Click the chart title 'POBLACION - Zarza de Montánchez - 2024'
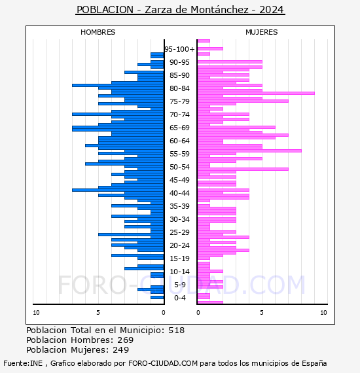180,10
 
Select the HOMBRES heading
98,32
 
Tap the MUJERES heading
262,32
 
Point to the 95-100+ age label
179,49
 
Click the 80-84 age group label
179,88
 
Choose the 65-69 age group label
179,128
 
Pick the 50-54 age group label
179,167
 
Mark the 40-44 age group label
179,193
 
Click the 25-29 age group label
179,232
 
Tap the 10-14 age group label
179,272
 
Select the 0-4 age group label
179,298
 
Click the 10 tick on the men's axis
36,313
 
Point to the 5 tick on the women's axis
262,313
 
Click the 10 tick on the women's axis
323,313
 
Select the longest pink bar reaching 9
256,93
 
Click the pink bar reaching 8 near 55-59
249,151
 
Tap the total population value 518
176,330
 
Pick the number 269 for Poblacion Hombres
126,340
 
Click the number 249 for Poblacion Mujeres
121,349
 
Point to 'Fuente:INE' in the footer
23,363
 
